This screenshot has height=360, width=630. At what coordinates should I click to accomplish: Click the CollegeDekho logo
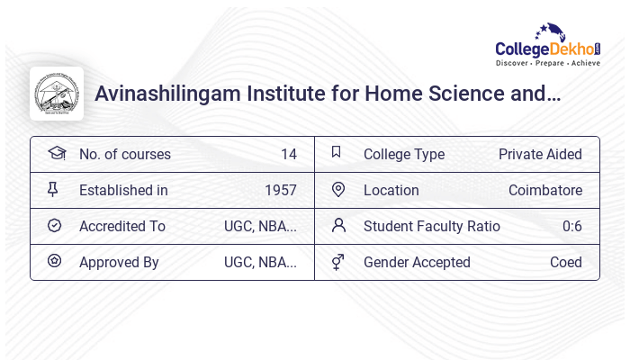[x=548, y=46]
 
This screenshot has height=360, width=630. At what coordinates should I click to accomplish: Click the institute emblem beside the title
[x=57, y=94]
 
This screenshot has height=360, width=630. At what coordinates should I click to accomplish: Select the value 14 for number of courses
[x=288, y=154]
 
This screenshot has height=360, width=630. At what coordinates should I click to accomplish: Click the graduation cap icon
[x=56, y=153]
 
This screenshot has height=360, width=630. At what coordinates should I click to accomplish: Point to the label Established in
[x=123, y=190]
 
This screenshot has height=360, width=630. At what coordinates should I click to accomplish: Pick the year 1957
[x=280, y=190]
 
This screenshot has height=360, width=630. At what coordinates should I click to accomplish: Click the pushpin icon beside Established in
[x=53, y=189]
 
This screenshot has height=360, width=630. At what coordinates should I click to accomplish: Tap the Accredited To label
[x=122, y=226]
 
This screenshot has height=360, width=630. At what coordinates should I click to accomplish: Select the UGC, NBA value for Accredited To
[x=260, y=226]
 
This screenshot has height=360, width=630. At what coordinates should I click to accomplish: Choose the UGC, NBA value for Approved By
[x=260, y=262]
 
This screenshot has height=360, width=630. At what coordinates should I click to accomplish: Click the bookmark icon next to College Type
[x=337, y=152]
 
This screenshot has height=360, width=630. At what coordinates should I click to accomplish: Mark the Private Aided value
[x=540, y=154]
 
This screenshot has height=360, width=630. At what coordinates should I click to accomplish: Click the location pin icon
[x=338, y=189]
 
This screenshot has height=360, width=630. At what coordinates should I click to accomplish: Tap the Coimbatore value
[x=544, y=190]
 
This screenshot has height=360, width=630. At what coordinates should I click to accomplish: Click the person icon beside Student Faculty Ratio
[x=338, y=225]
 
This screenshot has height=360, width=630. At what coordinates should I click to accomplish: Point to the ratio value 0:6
[x=571, y=226]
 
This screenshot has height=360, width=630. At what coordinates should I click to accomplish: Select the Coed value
[x=565, y=262]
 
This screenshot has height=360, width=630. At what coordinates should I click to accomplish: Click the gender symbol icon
[x=337, y=262]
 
